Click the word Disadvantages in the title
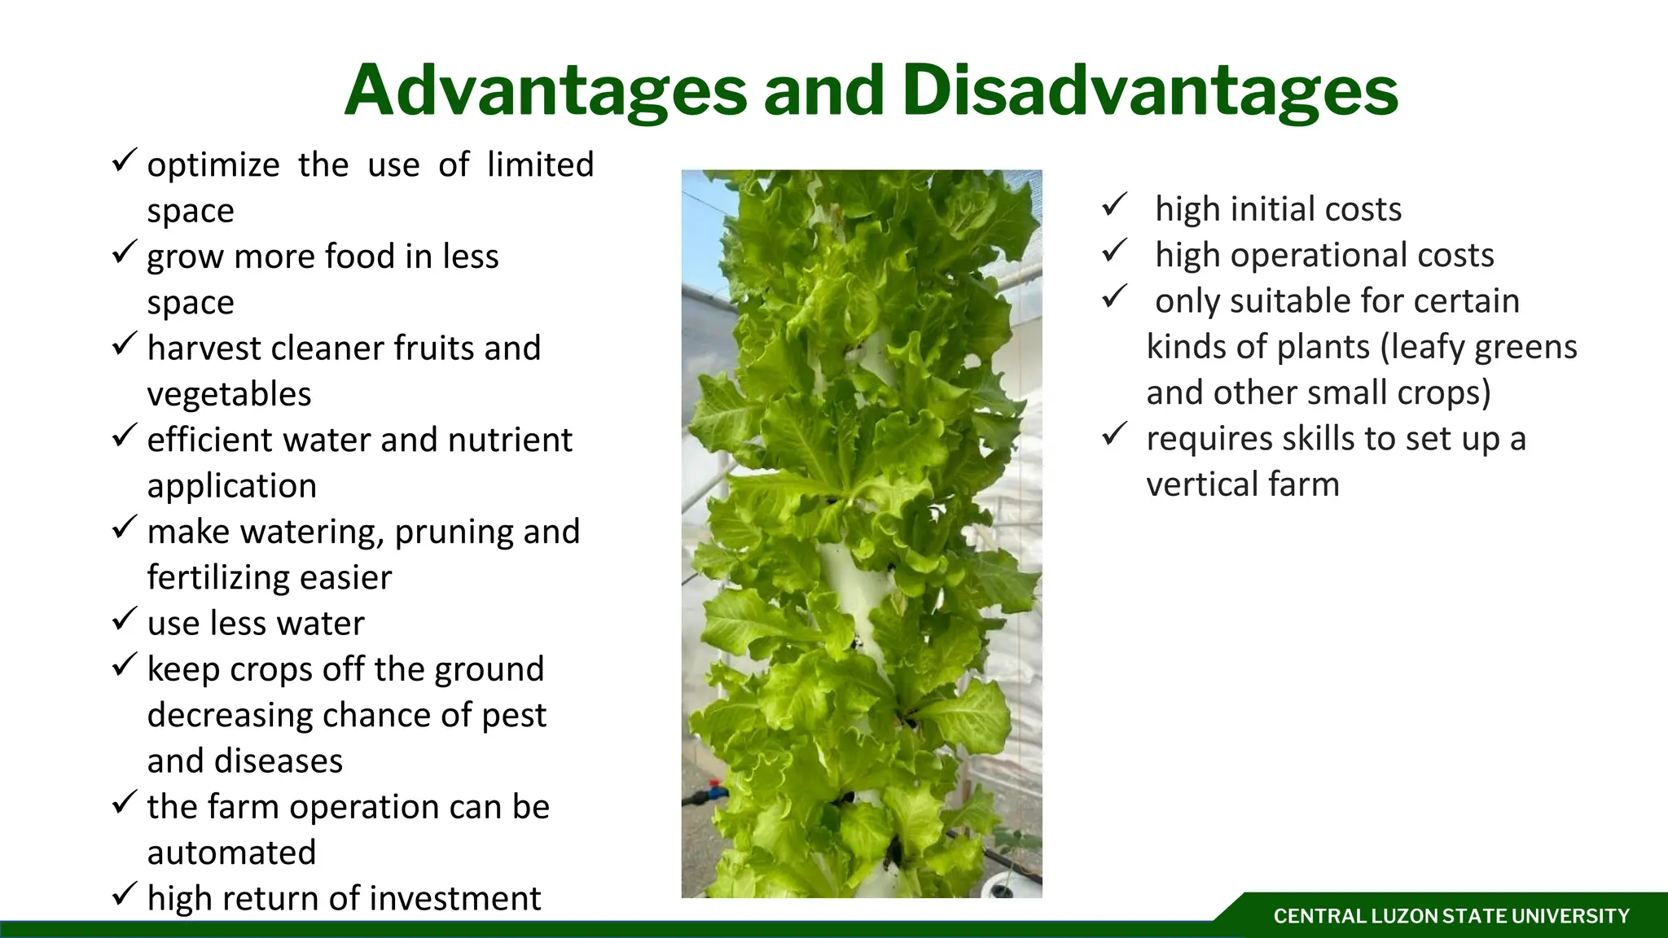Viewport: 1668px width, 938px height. point(1149,91)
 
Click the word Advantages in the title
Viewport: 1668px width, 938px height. point(545,91)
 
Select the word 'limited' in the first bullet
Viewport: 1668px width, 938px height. point(540,165)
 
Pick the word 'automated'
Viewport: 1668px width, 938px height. point(231,853)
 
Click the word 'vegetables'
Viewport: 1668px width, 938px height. point(229,395)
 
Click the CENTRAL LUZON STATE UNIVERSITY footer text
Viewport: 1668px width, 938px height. point(1451,917)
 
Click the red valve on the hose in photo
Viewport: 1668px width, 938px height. point(717,789)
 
